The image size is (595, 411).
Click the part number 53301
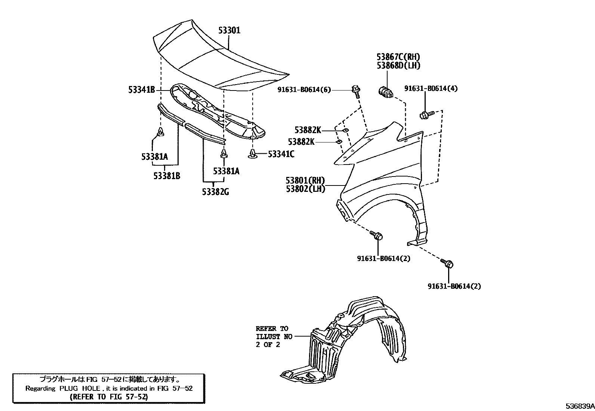229,30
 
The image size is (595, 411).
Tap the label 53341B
141,90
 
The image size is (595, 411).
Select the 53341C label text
281,154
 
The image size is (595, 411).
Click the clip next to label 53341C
253,153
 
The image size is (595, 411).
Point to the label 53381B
166,175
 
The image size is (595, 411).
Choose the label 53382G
215,192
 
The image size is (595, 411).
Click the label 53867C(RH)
398,57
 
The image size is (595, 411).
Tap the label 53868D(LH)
398,66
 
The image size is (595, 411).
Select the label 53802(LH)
305,189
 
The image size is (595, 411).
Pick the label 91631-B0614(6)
304,89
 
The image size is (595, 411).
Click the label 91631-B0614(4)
431,89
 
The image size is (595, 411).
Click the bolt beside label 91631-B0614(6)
356,91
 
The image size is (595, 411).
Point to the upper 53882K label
308,130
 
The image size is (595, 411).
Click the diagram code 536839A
579,406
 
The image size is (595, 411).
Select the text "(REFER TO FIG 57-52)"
109,397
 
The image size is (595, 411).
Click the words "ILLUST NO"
274,337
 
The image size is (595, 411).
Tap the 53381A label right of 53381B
226,171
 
